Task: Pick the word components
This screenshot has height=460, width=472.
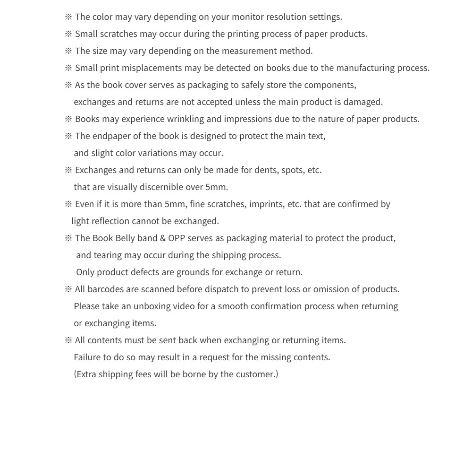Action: pos(330,85)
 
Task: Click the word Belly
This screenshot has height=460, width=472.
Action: pos(125,238)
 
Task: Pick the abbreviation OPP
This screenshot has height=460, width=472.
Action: pos(177,238)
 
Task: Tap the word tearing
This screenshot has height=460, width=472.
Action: pos(108,255)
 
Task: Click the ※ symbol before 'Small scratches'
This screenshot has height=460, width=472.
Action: pos(68,34)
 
